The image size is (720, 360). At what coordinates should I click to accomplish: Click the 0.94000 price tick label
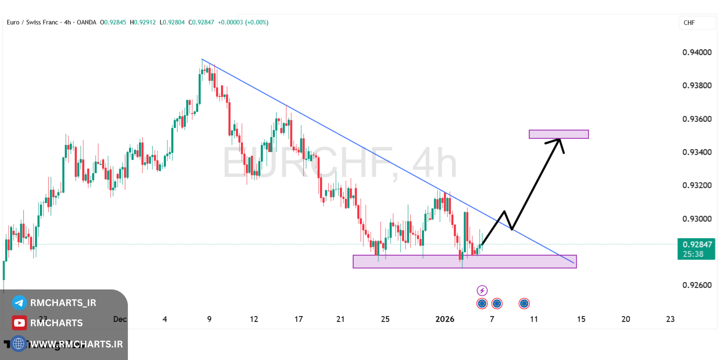coord(697,52)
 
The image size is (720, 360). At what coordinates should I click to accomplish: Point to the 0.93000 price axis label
coord(697,219)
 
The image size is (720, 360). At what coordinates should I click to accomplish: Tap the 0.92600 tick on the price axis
coord(697,285)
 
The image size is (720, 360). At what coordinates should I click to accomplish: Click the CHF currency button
coord(689,23)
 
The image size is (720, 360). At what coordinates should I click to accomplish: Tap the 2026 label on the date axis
coord(445,319)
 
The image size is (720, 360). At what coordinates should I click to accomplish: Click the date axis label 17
coord(298,319)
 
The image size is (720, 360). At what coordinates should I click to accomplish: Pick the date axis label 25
coord(385,319)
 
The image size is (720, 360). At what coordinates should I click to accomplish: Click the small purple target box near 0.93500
coord(558,134)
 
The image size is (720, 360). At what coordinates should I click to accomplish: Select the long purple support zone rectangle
coord(464,262)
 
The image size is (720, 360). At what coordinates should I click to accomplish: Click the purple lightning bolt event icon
coord(482,290)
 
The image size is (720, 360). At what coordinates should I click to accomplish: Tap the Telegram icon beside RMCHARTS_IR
coord(19,303)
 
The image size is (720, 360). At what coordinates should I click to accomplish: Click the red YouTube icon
coord(19,323)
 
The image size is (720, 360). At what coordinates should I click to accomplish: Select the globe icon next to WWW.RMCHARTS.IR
coord(18,344)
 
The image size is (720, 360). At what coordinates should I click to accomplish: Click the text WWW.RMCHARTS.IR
coord(76,344)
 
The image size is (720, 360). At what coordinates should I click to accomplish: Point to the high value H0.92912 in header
coord(143,22)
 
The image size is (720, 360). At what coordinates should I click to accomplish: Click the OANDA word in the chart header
coord(86,22)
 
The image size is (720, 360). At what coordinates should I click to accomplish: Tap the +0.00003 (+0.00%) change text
coord(243,22)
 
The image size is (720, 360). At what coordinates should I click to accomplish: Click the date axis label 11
coord(534,319)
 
